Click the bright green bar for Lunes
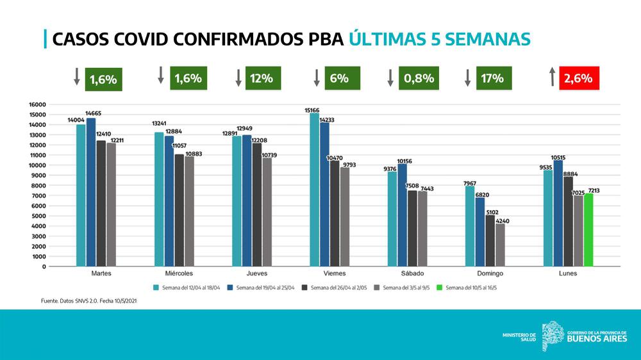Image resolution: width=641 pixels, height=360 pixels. click(588, 230)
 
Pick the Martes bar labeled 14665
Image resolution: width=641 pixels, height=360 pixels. click(91, 192)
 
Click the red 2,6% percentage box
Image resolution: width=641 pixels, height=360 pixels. click(579, 79)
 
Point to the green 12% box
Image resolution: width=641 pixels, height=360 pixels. click(262, 79)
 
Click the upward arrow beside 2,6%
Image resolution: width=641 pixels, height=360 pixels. click(551, 78)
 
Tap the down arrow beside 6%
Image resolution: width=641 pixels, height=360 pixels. click(317, 78)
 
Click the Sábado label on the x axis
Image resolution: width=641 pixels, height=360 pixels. click(412, 274)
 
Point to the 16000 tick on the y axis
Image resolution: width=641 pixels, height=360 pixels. click(38, 104)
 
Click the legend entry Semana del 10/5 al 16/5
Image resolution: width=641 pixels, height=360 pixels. click(470, 288)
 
